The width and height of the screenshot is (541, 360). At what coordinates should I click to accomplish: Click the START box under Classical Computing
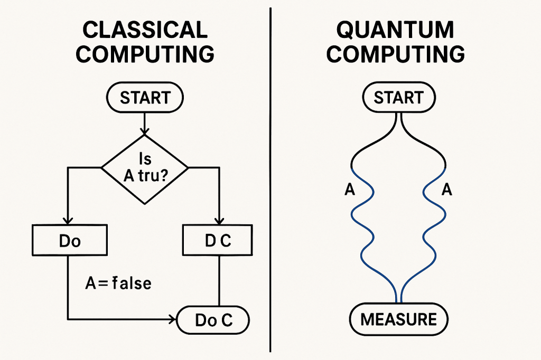point(145,98)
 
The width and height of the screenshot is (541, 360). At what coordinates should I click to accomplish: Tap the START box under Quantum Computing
point(398,98)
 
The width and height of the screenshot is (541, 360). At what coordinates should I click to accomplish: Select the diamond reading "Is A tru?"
point(144,168)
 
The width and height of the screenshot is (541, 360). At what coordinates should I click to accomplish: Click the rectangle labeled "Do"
point(70,241)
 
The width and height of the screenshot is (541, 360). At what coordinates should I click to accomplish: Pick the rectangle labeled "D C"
point(218,241)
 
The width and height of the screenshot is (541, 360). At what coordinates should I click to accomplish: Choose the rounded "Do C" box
point(213,320)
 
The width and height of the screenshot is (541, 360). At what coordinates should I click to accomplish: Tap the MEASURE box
point(398,320)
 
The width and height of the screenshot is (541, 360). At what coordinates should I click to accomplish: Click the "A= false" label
point(118,283)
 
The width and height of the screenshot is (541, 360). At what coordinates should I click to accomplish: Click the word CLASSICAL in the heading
point(145,30)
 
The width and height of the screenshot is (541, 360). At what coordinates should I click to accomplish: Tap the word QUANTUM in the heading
point(395,30)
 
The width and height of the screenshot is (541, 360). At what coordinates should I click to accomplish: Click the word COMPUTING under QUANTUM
point(395,54)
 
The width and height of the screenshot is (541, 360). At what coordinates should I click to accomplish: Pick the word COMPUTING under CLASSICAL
point(145,54)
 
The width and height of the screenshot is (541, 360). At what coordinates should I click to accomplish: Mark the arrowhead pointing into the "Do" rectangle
point(68,221)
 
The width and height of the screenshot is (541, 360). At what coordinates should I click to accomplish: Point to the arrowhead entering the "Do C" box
point(173,319)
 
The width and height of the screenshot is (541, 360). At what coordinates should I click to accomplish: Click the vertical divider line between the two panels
point(271,179)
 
